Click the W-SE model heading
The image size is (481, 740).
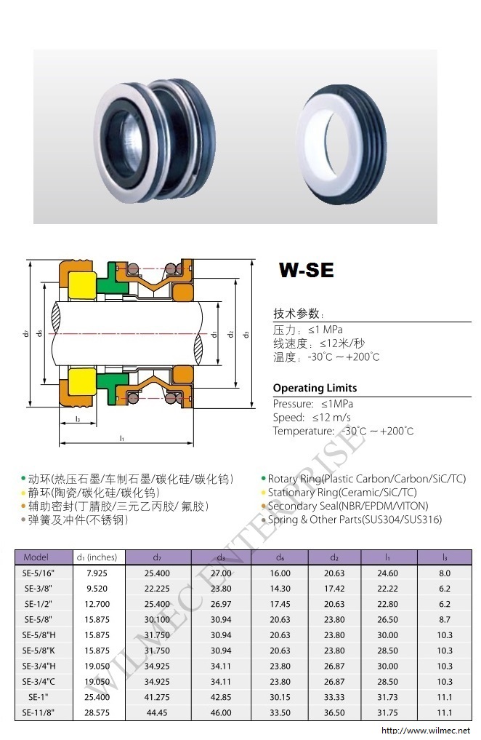click(306, 270)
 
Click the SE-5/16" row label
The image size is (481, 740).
click(39, 573)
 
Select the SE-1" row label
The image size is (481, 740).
click(39, 697)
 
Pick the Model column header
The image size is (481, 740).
click(36, 557)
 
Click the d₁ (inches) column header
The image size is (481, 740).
click(97, 557)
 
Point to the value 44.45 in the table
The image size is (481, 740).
click(157, 712)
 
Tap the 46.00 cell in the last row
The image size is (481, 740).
click(221, 712)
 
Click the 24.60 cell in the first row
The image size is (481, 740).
click(388, 573)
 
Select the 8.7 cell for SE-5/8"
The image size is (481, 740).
click(445, 620)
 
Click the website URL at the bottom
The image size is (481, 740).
click(425, 731)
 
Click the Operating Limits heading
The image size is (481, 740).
click(315, 388)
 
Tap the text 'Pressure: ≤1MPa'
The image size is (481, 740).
click(313, 404)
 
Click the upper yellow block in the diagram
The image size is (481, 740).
click(82, 286)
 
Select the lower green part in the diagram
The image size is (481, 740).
click(112, 384)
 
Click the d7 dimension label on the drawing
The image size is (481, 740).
click(26, 333)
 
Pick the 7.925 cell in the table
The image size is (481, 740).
click(97, 573)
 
